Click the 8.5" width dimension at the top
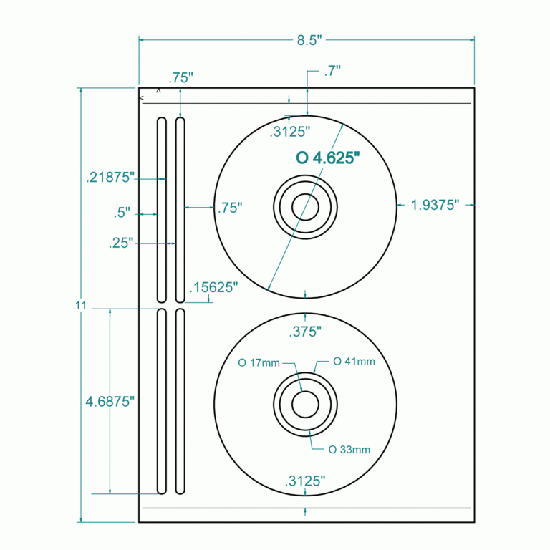[x=306, y=41]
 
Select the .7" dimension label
[x=332, y=70]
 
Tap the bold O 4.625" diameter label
[x=327, y=158]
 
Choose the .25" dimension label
[x=122, y=243]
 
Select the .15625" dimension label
[x=213, y=287]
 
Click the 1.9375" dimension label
[x=435, y=206]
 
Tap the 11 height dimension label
[x=80, y=306]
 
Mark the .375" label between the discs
[x=305, y=332]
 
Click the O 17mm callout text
[x=259, y=363]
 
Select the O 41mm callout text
[x=354, y=361]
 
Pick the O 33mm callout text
[x=349, y=450]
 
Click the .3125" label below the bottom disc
[x=305, y=481]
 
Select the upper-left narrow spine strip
[x=162, y=210]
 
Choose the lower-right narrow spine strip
[x=180, y=401]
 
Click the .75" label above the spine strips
[x=180, y=77]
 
